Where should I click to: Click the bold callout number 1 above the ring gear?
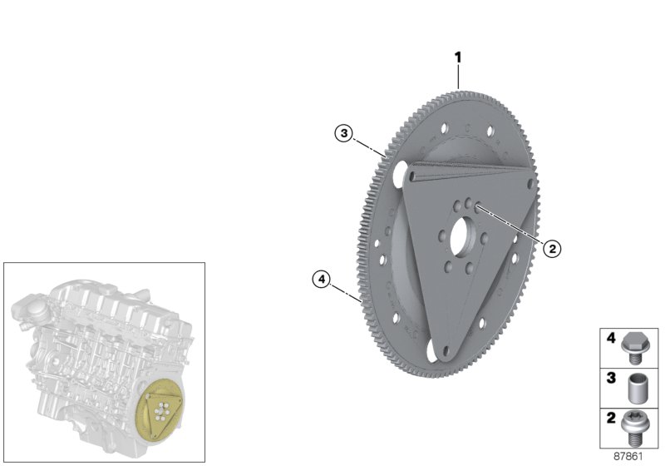457,57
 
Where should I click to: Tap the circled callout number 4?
321,279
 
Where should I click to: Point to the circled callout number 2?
551,247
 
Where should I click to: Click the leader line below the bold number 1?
457,77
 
